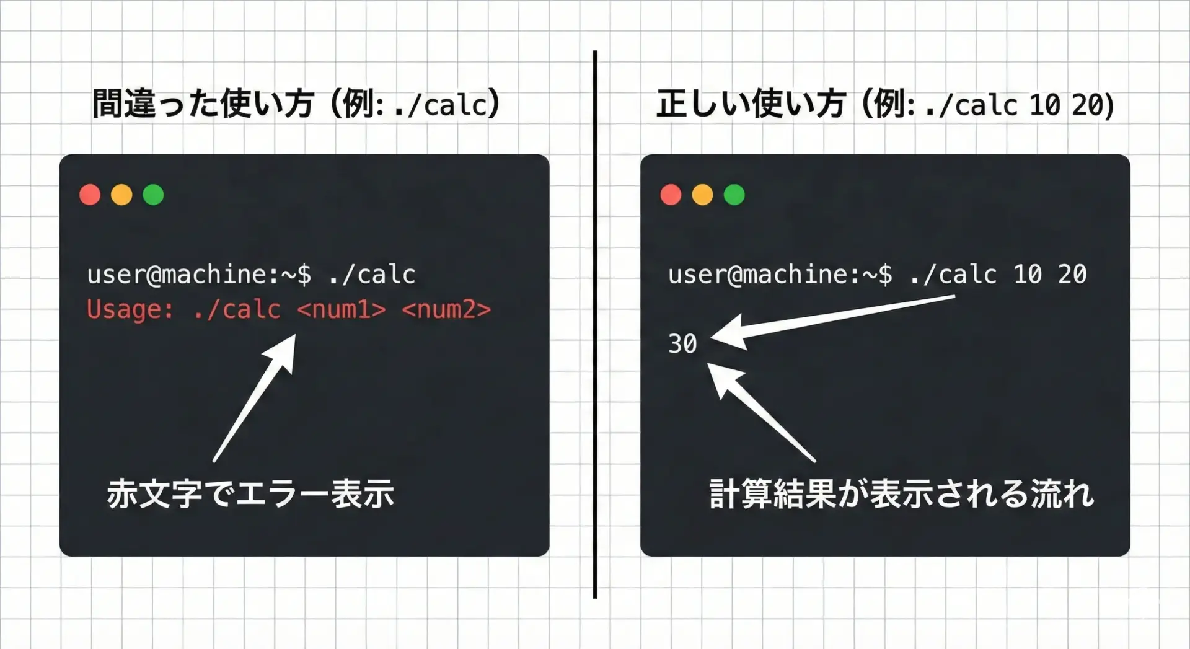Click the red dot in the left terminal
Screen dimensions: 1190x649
click(90, 195)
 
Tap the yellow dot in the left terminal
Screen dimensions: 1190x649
click(121, 195)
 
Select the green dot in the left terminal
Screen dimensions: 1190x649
click(153, 195)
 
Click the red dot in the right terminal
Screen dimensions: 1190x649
click(671, 195)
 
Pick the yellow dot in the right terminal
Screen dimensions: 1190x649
click(702, 195)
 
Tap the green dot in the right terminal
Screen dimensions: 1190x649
click(734, 195)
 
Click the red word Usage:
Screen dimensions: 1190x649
click(130, 309)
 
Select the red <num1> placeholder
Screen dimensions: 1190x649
click(342, 309)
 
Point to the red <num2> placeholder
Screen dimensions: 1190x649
click(446, 309)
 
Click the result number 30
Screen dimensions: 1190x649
click(682, 343)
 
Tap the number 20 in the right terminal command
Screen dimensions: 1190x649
click(1072, 274)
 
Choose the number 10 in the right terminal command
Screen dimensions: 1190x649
click(1028, 274)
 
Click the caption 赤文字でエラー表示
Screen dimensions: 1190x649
click(250, 493)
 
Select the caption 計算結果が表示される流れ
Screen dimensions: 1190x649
click(902, 493)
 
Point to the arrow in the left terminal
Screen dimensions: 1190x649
click(253, 399)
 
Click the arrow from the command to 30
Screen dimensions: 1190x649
click(832, 323)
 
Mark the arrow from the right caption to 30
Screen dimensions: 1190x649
click(761, 412)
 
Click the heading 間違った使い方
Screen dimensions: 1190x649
click(203, 104)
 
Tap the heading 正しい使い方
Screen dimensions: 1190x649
click(751, 104)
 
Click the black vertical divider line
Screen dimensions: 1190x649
click(595, 324)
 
